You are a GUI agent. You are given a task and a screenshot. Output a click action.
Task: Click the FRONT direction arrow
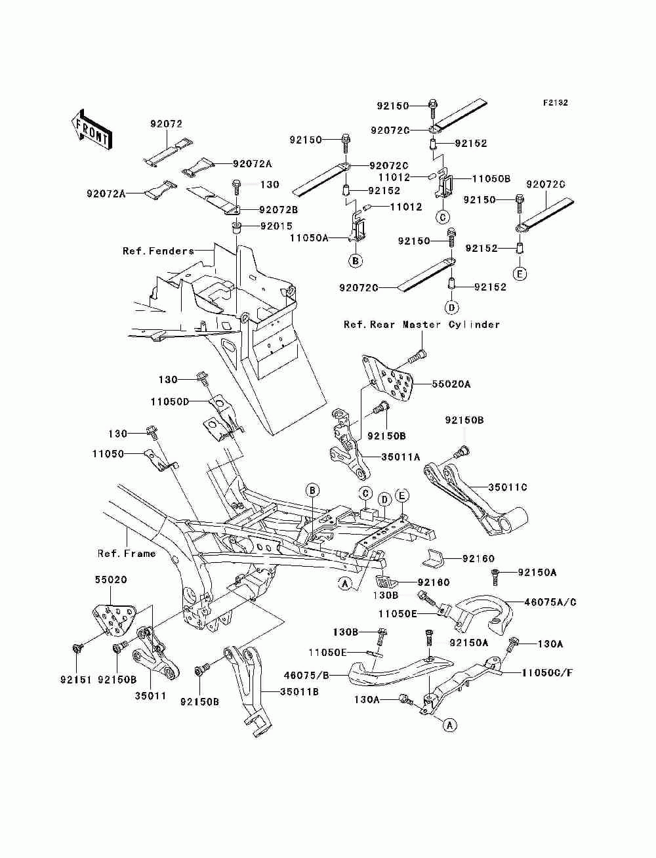(92, 130)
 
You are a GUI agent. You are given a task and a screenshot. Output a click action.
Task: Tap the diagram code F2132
(555, 103)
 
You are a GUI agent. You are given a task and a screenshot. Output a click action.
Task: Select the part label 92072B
(278, 210)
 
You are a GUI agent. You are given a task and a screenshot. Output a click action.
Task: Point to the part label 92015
(276, 226)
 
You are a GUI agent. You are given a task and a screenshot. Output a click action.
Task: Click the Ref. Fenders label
(158, 251)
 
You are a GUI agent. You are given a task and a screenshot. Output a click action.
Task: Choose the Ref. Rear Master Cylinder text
(422, 325)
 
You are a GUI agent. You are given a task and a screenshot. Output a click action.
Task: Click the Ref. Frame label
(127, 554)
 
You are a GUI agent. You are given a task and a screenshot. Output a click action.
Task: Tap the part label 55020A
(451, 384)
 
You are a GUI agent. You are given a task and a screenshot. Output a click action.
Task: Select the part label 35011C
(508, 487)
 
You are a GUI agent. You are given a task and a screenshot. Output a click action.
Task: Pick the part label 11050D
(170, 401)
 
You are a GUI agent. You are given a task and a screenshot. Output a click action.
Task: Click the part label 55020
(111, 579)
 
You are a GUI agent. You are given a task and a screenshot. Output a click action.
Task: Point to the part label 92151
(75, 680)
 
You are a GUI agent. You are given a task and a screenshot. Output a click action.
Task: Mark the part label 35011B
(299, 692)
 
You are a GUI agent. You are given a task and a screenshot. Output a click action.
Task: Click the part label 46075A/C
(550, 602)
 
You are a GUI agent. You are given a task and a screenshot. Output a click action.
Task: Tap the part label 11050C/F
(547, 673)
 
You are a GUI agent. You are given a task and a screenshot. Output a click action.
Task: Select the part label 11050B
(491, 178)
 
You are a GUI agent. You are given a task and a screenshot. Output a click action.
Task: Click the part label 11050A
(309, 237)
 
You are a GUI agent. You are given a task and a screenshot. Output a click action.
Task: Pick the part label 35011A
(401, 457)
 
